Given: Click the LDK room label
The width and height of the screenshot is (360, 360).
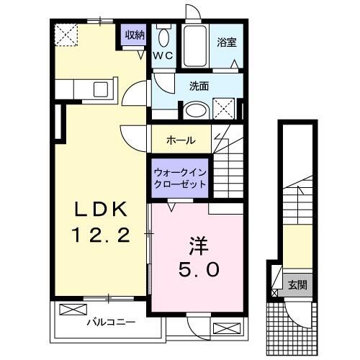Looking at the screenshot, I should pos(100,210).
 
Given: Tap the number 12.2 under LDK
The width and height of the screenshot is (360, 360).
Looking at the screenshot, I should pos(100,234).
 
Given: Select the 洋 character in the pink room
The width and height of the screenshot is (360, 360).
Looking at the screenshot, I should pos(199,246).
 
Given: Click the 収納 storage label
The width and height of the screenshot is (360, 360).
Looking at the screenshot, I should pos(135,35).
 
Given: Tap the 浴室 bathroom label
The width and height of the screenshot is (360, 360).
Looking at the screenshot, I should pos(227,42).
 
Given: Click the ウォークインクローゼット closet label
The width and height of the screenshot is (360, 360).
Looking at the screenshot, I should pos(179,179).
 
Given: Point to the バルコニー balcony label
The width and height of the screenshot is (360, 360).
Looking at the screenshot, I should pos(105,322).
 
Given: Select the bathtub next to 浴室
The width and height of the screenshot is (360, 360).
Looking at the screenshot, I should pos(194,47).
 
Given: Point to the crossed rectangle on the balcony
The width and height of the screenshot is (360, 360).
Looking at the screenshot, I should pos(72,310).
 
